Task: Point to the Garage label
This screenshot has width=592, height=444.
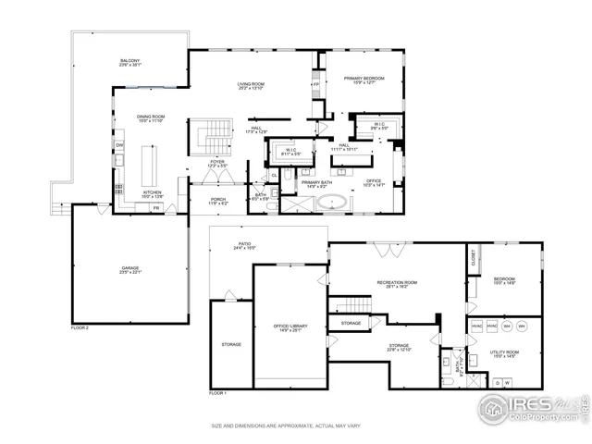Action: click(x=129, y=270)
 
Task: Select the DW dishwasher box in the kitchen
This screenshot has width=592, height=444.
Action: click(x=119, y=146)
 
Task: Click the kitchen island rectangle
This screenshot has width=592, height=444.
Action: click(x=146, y=165)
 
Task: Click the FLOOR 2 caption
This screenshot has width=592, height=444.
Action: click(x=80, y=327)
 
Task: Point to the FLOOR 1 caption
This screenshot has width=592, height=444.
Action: click(x=217, y=393)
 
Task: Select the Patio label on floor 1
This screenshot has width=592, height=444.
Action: click(x=244, y=246)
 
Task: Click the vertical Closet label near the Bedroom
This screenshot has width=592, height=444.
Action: click(x=472, y=261)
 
